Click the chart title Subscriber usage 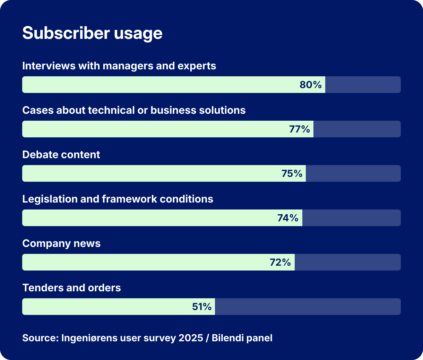pyautogui.click(x=92, y=33)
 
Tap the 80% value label pyautogui.click(x=311, y=85)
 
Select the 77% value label pyautogui.click(x=299, y=129)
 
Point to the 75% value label pyautogui.click(x=292, y=173)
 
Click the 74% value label pyautogui.click(x=288, y=218)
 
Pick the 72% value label pyautogui.click(x=280, y=262)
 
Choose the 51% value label pyautogui.click(x=201, y=307)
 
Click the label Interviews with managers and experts pyautogui.click(x=119, y=66)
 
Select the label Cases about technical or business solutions pyautogui.click(x=134, y=110)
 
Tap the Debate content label pyautogui.click(x=61, y=155)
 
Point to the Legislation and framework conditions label pyautogui.click(x=118, y=199)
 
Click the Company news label pyautogui.click(x=61, y=243)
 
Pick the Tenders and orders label pyautogui.click(x=71, y=288)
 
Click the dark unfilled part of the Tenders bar pyautogui.click(x=308, y=307)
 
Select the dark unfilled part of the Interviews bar pyautogui.click(x=363, y=85)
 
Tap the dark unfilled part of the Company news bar pyautogui.click(x=347, y=262)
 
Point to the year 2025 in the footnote pyautogui.click(x=191, y=338)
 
